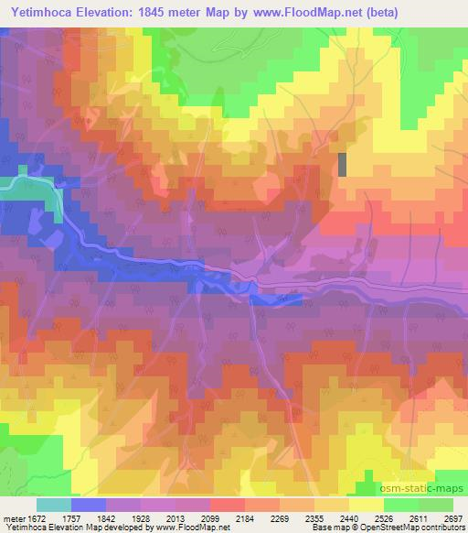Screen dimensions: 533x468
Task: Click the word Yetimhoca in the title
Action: [x=41, y=13]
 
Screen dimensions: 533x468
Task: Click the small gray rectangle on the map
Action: [x=343, y=164]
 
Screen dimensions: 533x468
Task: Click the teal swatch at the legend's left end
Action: [x=53, y=504]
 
